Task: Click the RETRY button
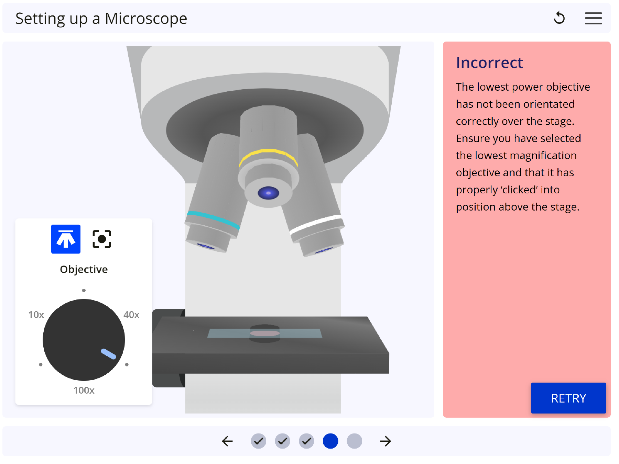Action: click(568, 398)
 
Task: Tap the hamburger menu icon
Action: click(593, 18)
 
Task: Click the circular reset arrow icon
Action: click(560, 18)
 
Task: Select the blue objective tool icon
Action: click(66, 239)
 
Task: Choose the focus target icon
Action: click(102, 239)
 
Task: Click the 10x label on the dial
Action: click(36, 315)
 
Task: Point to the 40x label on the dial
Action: click(131, 315)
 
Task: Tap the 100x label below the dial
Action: click(84, 390)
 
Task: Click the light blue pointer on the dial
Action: click(108, 354)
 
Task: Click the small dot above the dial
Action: click(84, 291)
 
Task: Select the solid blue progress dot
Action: click(330, 441)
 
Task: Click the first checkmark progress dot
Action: click(259, 441)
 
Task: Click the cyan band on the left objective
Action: click(214, 219)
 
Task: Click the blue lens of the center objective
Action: click(269, 193)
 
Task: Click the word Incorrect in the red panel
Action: click(489, 63)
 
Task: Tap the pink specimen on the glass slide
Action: click(265, 333)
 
